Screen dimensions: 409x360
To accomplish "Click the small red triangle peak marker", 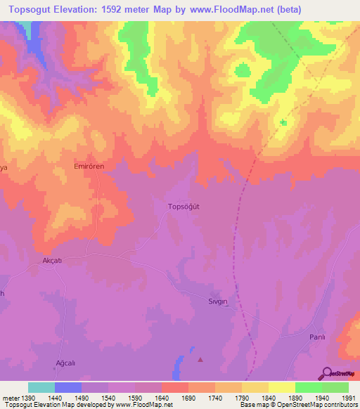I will (x=200, y=360).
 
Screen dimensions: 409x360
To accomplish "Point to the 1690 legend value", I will (x=188, y=398).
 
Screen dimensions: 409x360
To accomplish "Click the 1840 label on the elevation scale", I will (x=268, y=398).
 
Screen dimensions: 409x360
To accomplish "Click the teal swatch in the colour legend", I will (x=41, y=387).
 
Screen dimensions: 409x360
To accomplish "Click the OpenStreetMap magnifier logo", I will (x=327, y=372).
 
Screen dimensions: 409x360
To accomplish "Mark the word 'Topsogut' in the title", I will (x=34, y=10).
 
